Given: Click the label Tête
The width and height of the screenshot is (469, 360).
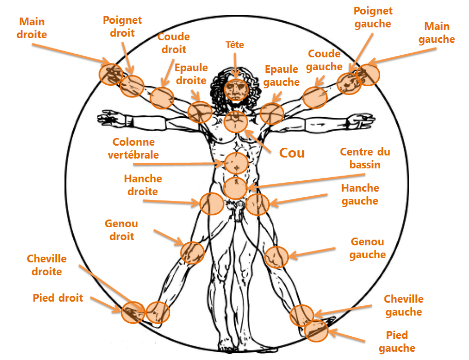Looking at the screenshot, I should coord(235,45).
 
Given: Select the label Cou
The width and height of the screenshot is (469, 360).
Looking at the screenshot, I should coord(292,153).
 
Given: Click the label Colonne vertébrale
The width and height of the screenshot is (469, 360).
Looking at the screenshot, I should coord(134,148).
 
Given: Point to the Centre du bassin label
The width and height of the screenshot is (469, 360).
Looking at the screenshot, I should coord(365,159).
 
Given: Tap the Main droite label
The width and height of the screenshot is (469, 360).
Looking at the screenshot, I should coord(32,28).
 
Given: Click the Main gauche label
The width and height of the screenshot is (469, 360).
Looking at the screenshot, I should coord(436,33).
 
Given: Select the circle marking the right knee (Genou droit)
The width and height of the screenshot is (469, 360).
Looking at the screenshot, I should coord(192,253).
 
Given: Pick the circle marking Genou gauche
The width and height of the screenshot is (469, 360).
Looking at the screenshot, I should coord(277,256).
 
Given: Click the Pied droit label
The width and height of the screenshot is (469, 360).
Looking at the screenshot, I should coord(58,298).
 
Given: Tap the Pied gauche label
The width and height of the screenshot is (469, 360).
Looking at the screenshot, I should coord(397,341).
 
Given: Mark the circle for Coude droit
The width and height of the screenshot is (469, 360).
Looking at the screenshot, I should coord(162,98).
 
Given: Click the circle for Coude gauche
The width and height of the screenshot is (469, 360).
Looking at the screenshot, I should coord(314,97).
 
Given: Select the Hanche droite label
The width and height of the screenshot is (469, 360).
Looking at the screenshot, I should coord(143,185).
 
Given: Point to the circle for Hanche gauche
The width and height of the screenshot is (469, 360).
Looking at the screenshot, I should coord(257,205).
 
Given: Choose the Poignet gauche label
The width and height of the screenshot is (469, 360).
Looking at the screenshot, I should coord(373,17).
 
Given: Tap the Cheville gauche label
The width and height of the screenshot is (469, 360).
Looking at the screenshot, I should coord(404,305).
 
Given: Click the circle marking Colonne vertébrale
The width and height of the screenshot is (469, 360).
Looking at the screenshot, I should coord(236,163).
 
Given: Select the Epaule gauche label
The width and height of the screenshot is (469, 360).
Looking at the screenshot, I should coord(281,75).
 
